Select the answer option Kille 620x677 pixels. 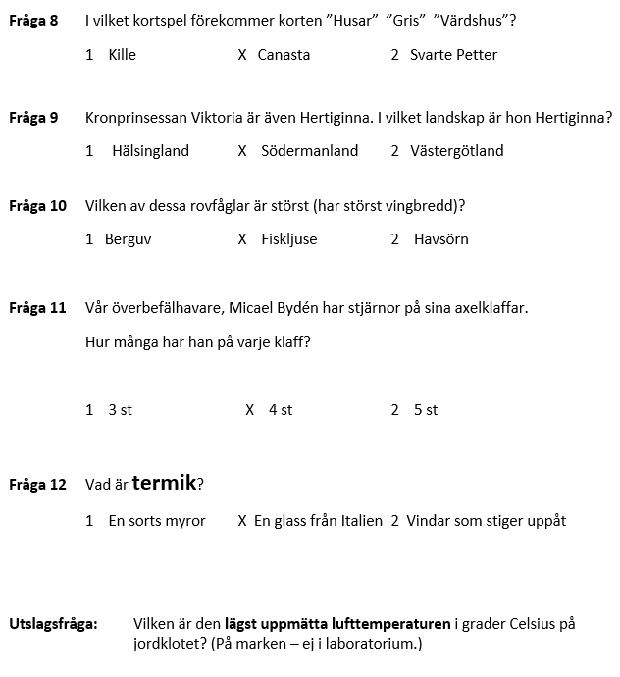(x=122, y=55)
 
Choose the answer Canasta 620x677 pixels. (x=284, y=55)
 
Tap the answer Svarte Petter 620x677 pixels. (x=453, y=55)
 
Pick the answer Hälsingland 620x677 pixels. (x=148, y=151)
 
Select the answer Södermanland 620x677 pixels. (x=310, y=151)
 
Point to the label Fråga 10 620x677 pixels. (x=37, y=206)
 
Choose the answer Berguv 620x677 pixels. (x=128, y=239)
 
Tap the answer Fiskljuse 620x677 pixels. (x=289, y=239)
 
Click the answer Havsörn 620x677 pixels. (x=441, y=239)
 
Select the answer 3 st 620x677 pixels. (x=120, y=410)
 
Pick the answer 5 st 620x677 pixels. (x=426, y=410)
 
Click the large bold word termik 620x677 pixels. (x=164, y=483)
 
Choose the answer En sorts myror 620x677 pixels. (x=157, y=521)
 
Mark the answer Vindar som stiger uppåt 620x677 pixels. (x=486, y=521)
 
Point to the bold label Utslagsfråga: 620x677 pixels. (x=53, y=623)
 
